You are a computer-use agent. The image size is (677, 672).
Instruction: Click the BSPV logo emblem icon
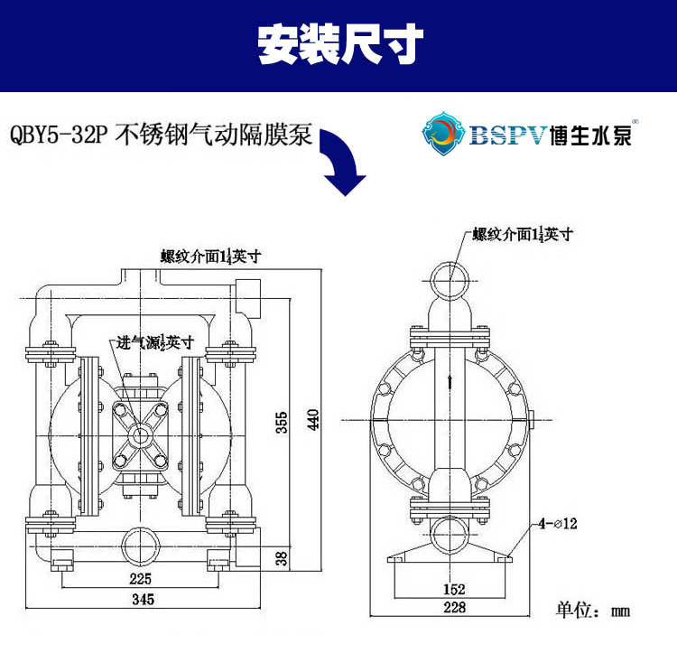[x=443, y=133]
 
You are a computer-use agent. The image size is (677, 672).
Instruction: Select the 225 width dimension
[x=140, y=578]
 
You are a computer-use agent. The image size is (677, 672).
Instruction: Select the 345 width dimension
[x=142, y=599]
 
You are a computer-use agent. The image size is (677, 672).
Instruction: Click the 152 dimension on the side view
[x=454, y=590]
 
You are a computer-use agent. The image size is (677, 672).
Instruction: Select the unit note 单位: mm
[x=592, y=611]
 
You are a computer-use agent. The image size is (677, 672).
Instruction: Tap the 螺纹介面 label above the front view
[x=210, y=256]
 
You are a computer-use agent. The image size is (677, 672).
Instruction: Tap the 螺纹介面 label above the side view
[x=524, y=234]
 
